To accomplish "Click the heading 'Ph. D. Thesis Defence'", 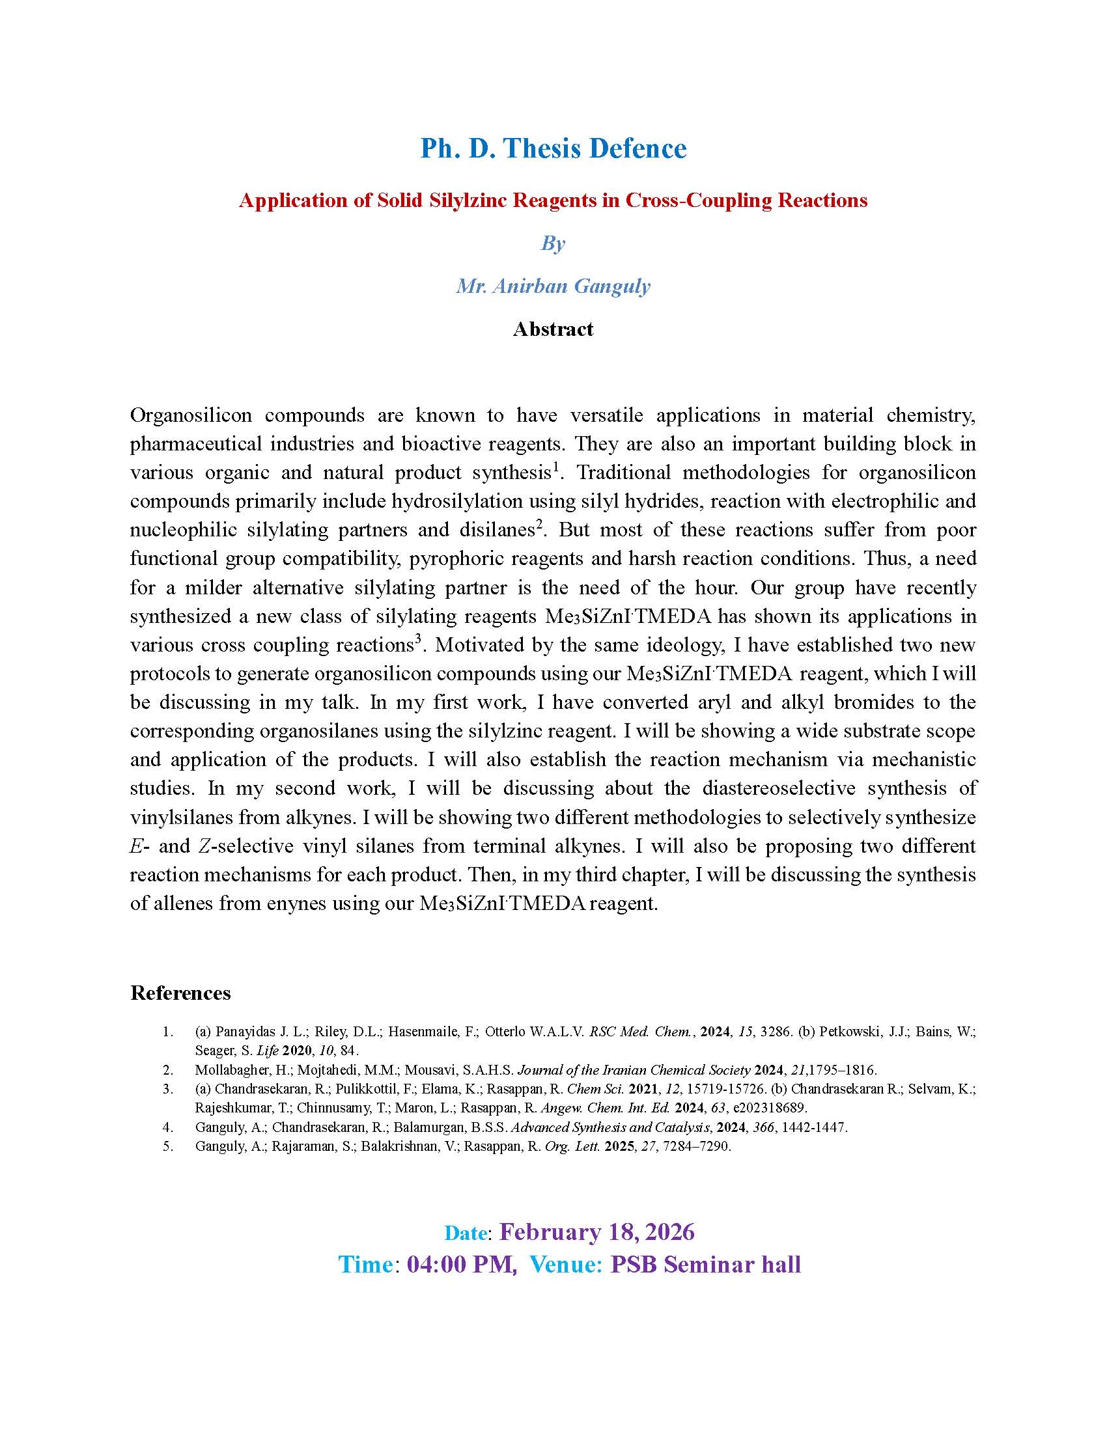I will click(x=553, y=149).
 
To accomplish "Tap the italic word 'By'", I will click(x=553, y=243).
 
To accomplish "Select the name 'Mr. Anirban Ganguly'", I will click(x=553, y=286).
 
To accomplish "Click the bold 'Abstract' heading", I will click(x=553, y=329).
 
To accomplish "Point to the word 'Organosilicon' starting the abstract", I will click(x=191, y=415).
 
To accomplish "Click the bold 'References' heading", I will click(x=180, y=993).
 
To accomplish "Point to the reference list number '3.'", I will click(x=168, y=1089).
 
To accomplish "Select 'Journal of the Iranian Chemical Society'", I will click(x=634, y=1070).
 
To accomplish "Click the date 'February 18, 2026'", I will click(x=596, y=1232).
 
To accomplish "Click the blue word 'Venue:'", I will click(x=566, y=1264).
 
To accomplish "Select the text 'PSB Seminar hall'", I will click(x=706, y=1264).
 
